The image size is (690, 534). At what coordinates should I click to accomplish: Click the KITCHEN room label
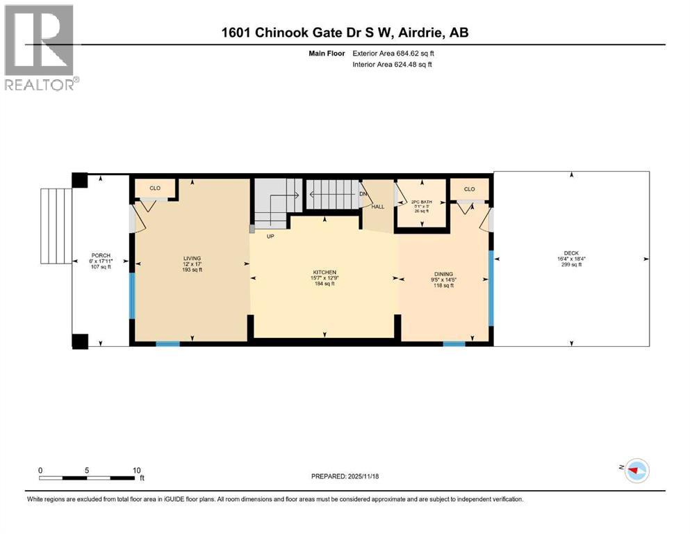coord(324,271)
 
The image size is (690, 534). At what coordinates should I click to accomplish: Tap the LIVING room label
coord(188,258)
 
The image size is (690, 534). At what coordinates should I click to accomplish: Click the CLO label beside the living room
coord(156,188)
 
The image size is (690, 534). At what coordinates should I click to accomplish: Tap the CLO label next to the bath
coord(469,188)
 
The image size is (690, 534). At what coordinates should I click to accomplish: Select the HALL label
coord(377,207)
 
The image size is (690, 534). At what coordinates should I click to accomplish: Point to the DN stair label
coord(363,194)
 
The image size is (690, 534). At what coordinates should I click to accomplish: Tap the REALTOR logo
coord(39,47)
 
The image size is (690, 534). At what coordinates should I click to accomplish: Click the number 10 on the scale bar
coord(136,470)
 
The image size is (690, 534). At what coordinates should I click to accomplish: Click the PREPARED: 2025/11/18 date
coord(345,476)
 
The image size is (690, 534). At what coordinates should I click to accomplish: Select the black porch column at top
coord(80,180)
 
